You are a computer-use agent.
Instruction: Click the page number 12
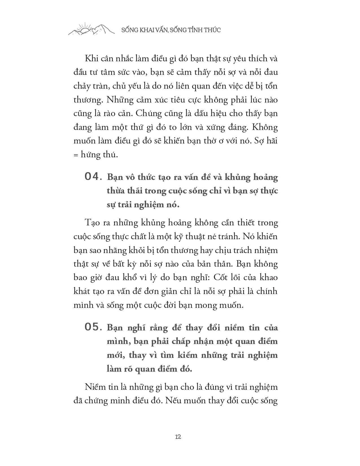click(178, 436)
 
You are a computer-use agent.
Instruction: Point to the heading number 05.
click(92, 327)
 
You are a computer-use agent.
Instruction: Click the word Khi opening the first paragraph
click(91, 59)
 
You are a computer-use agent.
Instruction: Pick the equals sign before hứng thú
click(76, 155)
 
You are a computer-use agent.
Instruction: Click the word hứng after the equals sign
click(90, 155)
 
